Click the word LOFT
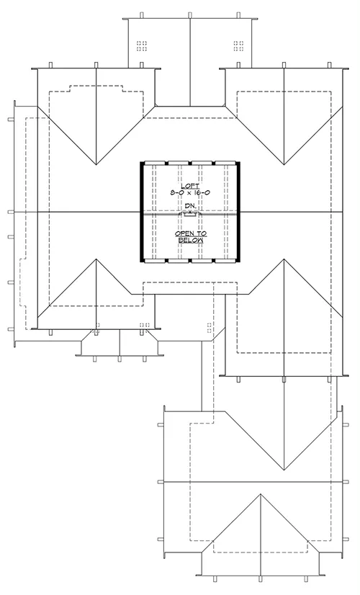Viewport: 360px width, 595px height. (x=190, y=186)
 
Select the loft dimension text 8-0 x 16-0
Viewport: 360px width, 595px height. (x=190, y=193)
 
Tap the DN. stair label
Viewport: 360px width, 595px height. (x=190, y=206)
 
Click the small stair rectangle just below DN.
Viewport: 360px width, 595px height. (x=190, y=215)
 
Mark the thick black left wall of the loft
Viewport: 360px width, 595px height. (x=142, y=212)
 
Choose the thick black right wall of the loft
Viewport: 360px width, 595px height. (x=238, y=212)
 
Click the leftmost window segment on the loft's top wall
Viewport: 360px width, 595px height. (x=155, y=164)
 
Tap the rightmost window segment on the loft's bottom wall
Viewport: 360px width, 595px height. (x=225, y=261)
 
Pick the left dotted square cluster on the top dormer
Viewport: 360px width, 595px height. (x=142, y=46)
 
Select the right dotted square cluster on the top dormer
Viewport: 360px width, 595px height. (x=238, y=46)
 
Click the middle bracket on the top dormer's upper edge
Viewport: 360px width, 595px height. (x=189, y=15)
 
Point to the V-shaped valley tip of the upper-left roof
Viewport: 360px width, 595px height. (x=96, y=165)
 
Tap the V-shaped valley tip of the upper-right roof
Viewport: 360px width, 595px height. (x=284, y=165)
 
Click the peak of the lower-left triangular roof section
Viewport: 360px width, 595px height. (x=96, y=259)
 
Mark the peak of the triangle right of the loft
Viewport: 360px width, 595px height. (x=284, y=259)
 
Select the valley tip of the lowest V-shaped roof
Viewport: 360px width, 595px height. (x=284, y=470)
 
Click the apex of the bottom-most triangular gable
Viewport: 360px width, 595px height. (x=260, y=493)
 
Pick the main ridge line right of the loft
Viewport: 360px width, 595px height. (x=292, y=212)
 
